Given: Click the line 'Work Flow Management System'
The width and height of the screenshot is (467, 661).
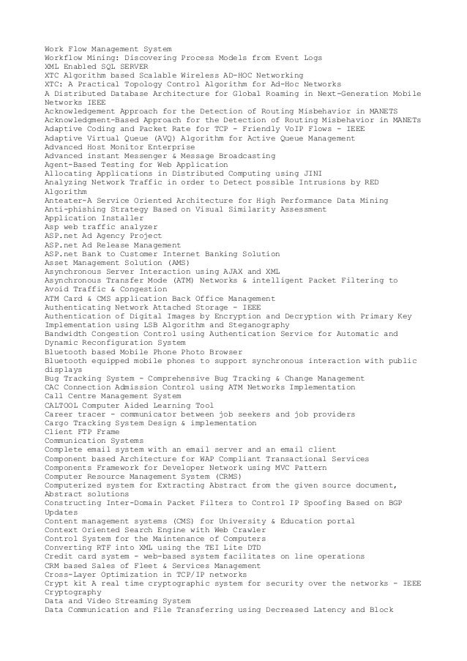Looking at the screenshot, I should [x=108, y=49].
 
